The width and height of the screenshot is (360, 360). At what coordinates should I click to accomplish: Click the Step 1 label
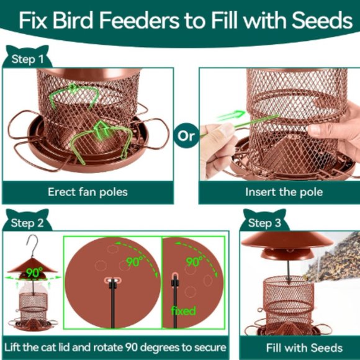click(28, 60)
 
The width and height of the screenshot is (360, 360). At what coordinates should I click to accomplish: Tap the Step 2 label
click(27, 222)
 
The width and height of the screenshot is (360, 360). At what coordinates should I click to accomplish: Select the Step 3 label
click(264, 222)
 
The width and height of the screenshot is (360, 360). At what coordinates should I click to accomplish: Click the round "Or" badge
click(186, 135)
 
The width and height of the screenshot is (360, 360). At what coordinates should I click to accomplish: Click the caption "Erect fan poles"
click(88, 192)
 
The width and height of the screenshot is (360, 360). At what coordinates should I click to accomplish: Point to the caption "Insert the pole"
click(284, 192)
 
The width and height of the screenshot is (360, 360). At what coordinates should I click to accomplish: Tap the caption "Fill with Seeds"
click(304, 348)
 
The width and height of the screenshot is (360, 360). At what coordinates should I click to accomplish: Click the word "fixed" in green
click(184, 310)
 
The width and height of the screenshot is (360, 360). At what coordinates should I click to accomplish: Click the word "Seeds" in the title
click(323, 21)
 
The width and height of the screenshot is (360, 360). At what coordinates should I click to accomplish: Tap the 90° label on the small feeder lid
click(34, 272)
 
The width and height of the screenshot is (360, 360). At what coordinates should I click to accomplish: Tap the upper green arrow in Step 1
click(74, 94)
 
